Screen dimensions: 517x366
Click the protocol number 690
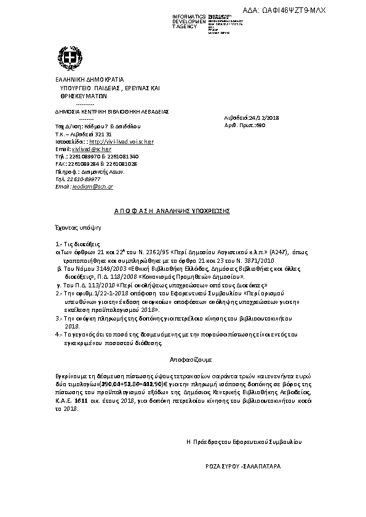click(x=260, y=124)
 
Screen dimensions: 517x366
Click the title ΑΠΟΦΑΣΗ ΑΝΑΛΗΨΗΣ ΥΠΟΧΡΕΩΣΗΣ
click(x=172, y=211)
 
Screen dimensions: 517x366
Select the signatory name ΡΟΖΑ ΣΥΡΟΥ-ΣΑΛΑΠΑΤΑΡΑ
click(x=243, y=467)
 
